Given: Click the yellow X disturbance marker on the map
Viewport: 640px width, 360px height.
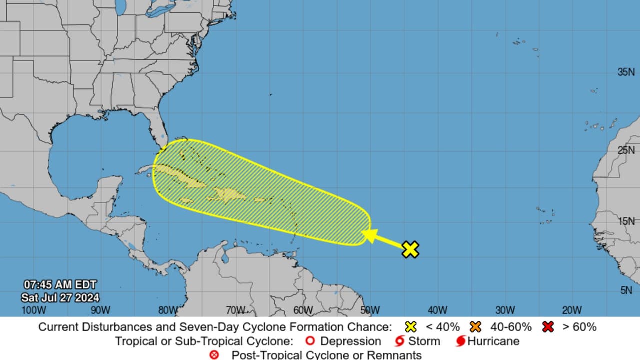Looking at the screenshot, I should [x=410, y=249].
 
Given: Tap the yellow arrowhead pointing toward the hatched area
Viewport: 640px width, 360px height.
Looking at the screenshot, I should [x=369, y=235].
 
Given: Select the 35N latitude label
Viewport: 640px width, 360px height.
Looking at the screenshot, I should [x=626, y=72].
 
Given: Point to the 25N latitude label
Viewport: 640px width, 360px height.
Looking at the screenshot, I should [x=626, y=150].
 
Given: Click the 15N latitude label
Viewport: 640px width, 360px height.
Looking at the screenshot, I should [x=626, y=221].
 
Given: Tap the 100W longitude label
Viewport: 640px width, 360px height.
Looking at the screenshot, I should [x=34, y=310].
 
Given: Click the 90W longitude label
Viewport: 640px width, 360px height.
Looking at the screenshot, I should [x=101, y=310].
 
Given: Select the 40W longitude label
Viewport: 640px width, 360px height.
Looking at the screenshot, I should [x=437, y=310].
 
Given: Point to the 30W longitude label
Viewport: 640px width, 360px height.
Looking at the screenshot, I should [x=505, y=310].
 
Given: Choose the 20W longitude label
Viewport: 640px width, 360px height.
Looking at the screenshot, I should [x=571, y=310].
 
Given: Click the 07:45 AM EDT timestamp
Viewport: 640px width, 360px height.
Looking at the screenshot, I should [x=60, y=285].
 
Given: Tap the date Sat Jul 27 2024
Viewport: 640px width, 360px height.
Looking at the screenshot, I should [x=60, y=298].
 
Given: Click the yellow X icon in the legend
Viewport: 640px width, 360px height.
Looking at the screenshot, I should [x=411, y=327].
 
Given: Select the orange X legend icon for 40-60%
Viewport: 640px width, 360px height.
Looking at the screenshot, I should [x=475, y=327].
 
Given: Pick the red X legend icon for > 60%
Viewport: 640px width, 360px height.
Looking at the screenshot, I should [x=548, y=327].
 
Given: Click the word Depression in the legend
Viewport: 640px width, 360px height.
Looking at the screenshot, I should [x=350, y=341].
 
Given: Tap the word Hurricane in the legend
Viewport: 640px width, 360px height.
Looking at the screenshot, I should [x=493, y=341].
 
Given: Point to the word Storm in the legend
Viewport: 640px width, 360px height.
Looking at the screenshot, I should [x=424, y=341].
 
